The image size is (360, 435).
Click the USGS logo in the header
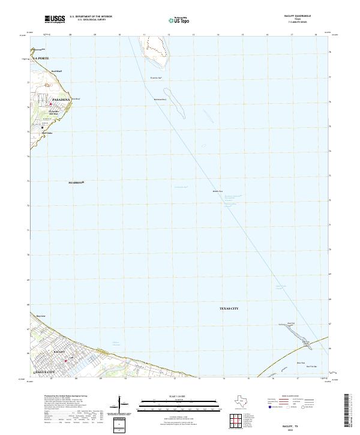point(55,19)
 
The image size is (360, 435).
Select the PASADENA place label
point(62,98)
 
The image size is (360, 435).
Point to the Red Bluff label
point(56,71)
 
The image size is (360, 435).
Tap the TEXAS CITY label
point(229,308)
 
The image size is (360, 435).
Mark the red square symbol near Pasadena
point(50,104)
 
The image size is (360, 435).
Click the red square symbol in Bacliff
point(66,361)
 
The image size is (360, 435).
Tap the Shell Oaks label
point(47,133)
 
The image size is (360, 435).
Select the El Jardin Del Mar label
point(53,112)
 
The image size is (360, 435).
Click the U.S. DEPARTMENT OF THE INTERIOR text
point(91,17)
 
